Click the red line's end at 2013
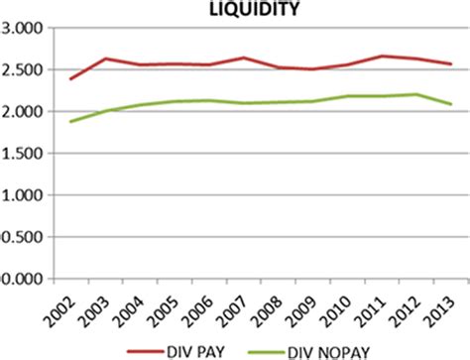click(x=451, y=64)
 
